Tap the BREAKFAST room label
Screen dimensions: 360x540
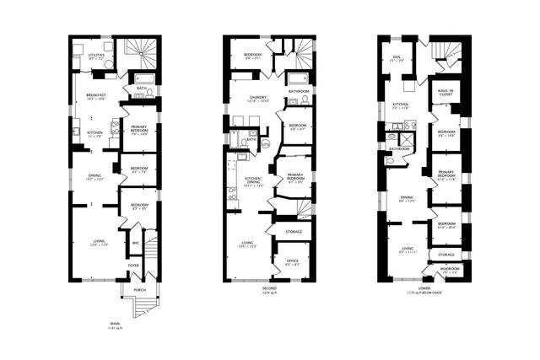click(95, 95)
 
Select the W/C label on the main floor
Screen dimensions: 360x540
click(135, 244)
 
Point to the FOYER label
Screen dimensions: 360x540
click(133, 265)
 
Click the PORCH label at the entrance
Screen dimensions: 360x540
click(139, 290)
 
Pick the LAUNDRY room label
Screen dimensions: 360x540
click(258, 97)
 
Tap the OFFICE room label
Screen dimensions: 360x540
click(293, 261)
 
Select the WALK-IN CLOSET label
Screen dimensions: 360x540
click(445, 92)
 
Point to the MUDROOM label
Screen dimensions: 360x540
click(450, 270)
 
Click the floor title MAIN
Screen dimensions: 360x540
click(115, 323)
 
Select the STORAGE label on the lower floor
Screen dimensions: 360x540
click(445, 254)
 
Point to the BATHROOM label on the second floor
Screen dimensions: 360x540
click(298, 91)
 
